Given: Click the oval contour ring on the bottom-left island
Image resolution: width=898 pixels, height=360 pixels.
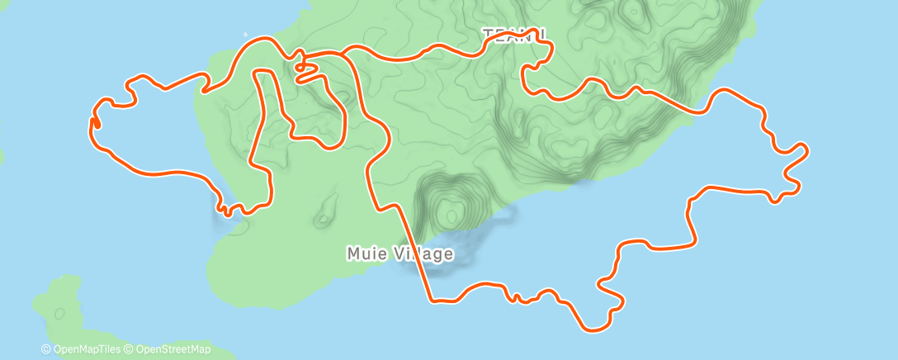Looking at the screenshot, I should [59, 314].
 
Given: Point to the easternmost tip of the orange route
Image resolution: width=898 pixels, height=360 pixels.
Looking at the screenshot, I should [806, 149].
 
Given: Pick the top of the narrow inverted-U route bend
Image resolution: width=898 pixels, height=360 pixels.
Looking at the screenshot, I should [265, 73].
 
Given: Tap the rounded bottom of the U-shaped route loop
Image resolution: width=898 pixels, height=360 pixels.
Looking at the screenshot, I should [330, 149].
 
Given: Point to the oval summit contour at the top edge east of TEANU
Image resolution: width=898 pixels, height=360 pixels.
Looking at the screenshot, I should [633, 12].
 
